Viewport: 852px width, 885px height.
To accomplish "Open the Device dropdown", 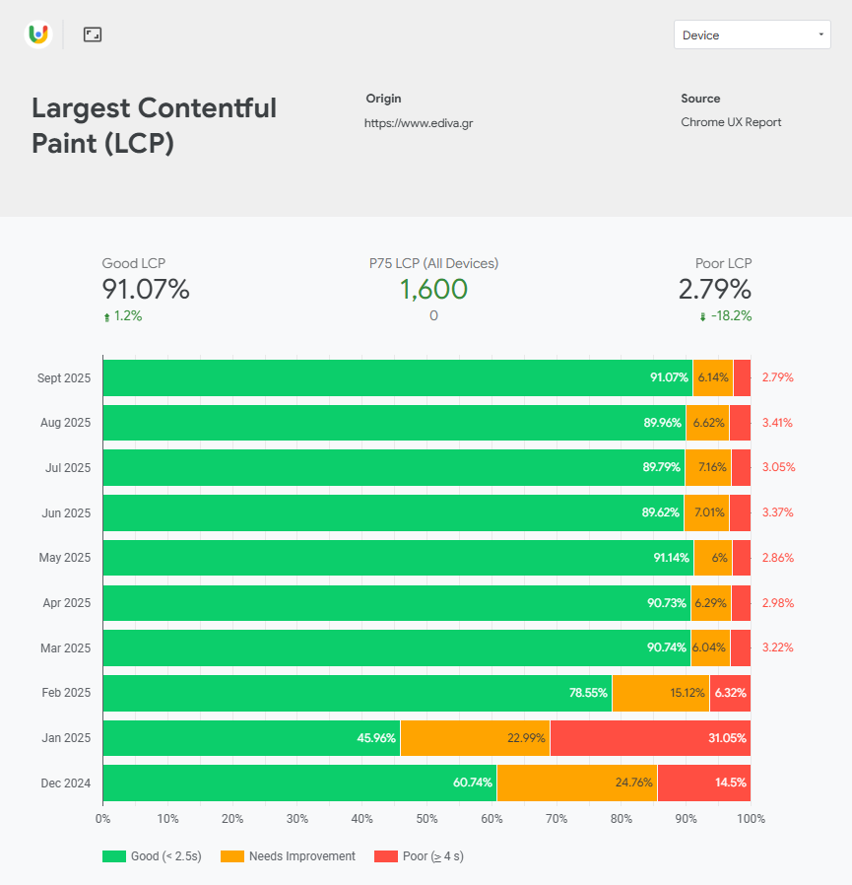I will point(752,34).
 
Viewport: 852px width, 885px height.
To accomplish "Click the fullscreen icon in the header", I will point(93,34).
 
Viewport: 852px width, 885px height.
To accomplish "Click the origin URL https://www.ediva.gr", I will point(419,123).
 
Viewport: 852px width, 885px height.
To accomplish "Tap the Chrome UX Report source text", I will point(731,122).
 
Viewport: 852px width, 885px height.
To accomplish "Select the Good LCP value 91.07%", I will point(146,290).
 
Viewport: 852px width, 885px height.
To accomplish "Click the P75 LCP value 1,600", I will point(433,290).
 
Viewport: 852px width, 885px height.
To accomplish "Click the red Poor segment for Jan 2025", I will point(650,738).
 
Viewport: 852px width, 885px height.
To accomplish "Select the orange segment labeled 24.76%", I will point(576,783).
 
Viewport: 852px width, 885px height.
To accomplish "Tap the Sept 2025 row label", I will point(64,377).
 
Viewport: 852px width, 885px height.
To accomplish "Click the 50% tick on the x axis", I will point(426,819).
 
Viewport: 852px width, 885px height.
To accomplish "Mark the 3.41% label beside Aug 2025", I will point(777,423).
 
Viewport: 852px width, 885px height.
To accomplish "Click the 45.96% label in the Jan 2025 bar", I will point(376,738).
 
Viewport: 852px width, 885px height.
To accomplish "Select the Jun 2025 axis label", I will point(66,512).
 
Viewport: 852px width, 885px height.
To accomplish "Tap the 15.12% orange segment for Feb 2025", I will point(660,693).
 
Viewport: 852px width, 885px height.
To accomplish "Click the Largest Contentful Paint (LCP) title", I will point(154,125).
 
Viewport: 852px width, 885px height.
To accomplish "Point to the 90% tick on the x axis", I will point(686,819).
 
